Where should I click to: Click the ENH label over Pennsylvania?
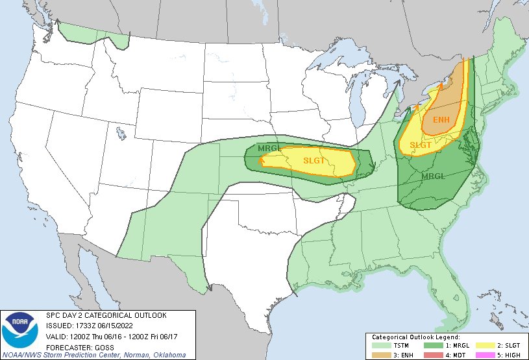[x=441, y=120]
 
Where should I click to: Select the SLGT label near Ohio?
[x=421, y=145]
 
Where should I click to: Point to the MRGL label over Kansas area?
[x=270, y=148]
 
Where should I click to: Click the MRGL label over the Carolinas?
[x=434, y=176]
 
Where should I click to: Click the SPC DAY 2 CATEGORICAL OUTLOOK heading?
[x=106, y=315]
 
